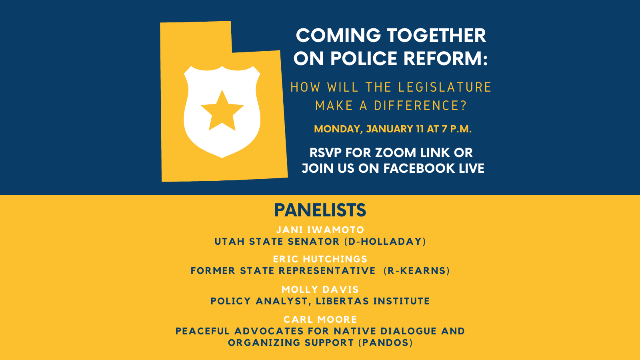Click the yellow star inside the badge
[x=222, y=112]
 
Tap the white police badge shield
[x=222, y=112]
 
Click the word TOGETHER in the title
[x=436, y=36]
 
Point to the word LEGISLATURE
[x=445, y=87]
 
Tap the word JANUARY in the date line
[x=390, y=129]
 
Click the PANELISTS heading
[x=320, y=210]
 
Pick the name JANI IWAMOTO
[x=320, y=230]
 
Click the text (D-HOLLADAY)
[x=385, y=242]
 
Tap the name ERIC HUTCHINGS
[x=320, y=259]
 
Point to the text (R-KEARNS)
[x=417, y=270]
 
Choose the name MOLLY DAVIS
[x=320, y=290]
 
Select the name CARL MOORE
[x=320, y=319]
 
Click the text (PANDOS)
[x=386, y=342]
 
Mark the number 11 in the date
[x=420, y=129]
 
